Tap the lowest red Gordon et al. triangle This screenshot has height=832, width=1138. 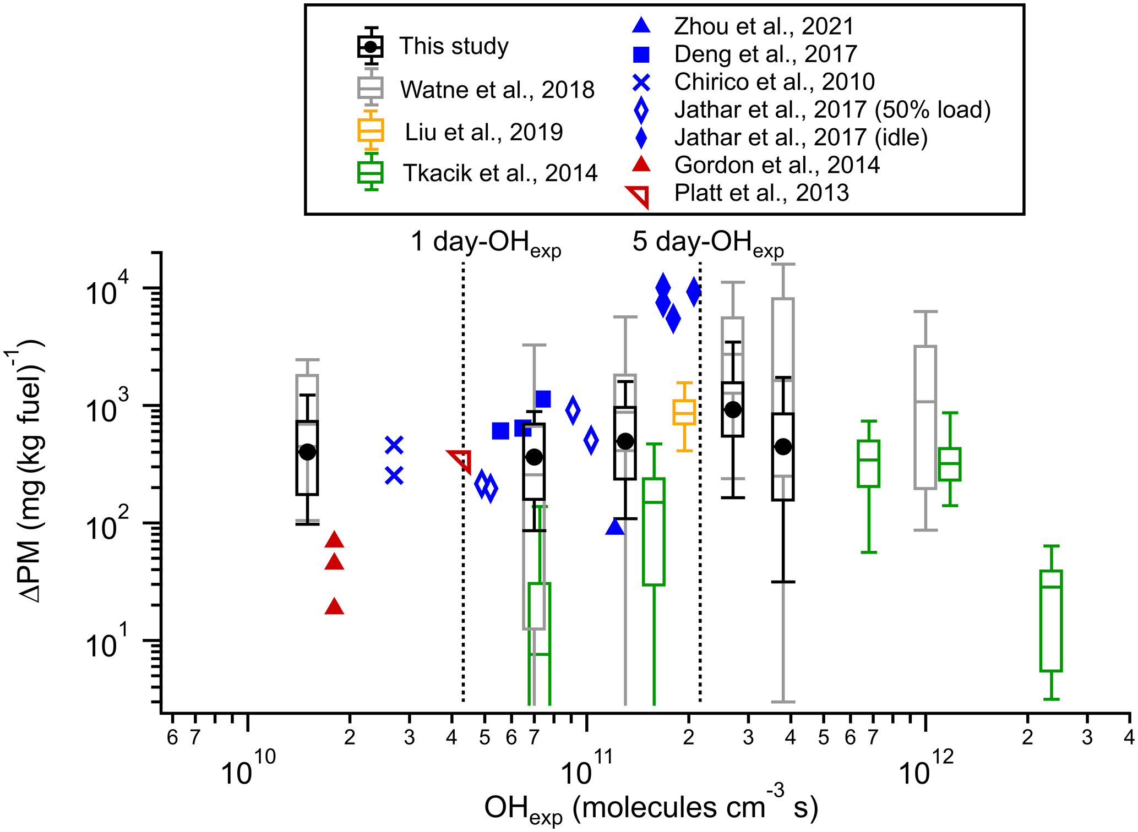334,606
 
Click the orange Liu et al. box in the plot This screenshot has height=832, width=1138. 684,412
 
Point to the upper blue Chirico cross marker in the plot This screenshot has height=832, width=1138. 394,445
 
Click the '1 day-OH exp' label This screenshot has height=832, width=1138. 486,243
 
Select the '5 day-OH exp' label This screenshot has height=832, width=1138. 708,243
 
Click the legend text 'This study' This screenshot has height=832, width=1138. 454,46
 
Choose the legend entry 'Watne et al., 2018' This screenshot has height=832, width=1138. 497,90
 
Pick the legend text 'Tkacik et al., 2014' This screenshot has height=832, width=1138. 500,173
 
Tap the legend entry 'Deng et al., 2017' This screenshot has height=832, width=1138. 765,54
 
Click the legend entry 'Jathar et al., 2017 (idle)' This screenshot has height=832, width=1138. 801,138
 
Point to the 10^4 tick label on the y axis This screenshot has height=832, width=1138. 108,290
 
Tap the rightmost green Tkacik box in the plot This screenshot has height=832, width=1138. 1051,621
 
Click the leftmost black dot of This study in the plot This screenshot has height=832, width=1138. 307,452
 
